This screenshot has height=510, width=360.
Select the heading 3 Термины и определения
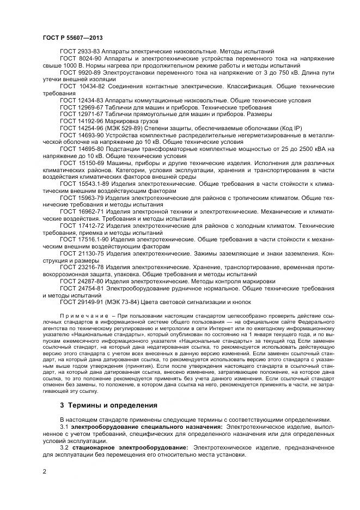pos(108,405)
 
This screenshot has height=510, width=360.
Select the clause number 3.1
pos(64,427)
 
